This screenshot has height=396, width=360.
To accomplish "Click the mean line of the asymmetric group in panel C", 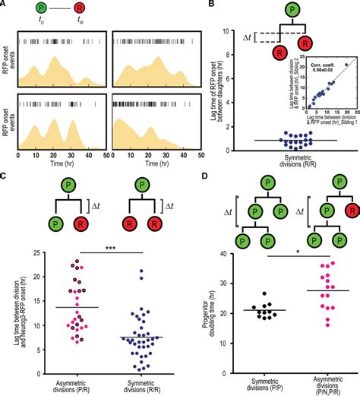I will (x=58, y=306).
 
